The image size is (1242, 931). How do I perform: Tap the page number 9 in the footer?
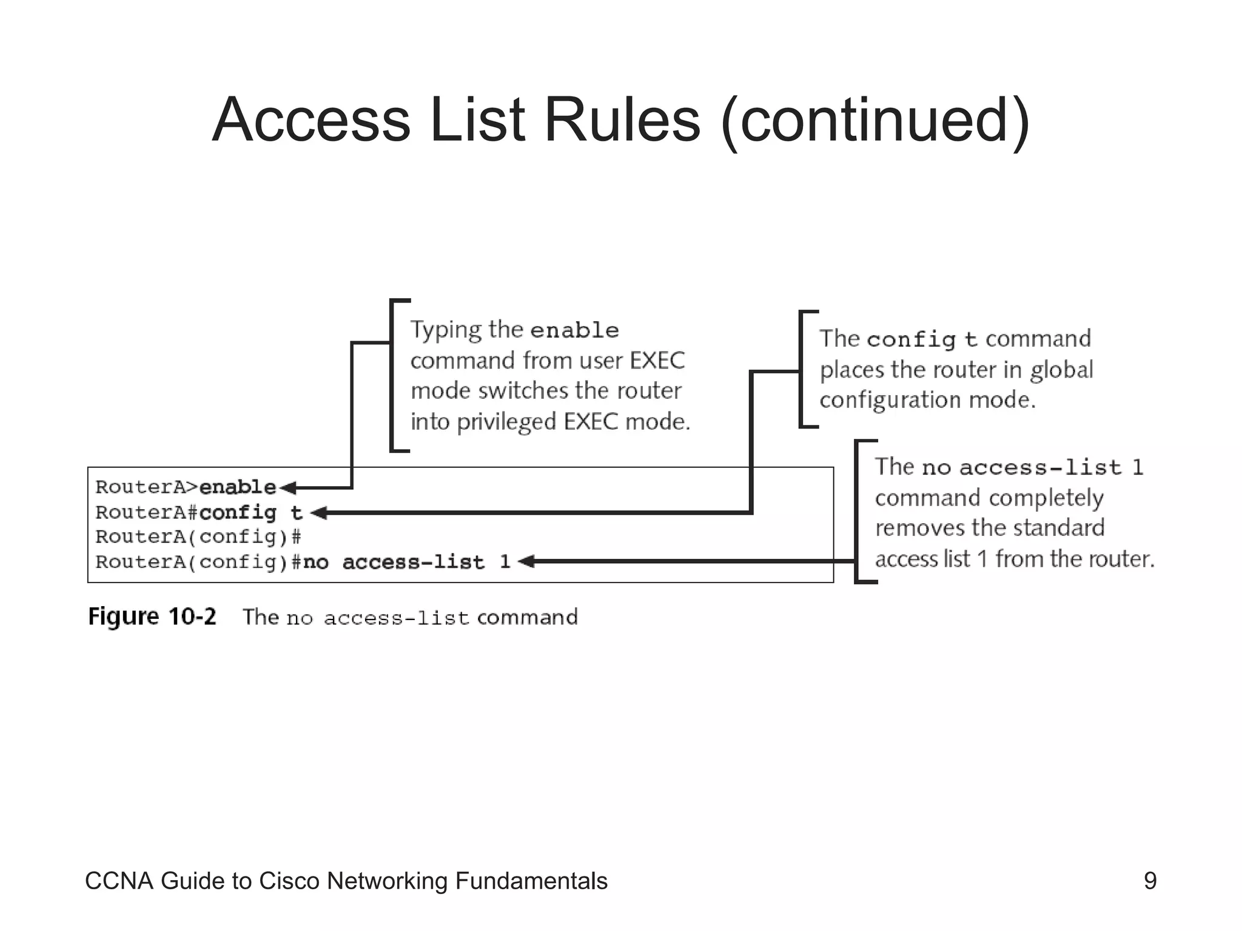tap(1150, 881)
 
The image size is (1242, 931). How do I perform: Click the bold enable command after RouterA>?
tap(238, 487)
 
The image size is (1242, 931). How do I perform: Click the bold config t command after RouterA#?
tap(250, 513)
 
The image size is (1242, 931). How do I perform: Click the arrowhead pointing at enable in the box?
tap(288, 487)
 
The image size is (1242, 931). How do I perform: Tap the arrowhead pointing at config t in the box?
tap(319, 513)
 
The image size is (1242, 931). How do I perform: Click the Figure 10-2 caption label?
tap(152, 617)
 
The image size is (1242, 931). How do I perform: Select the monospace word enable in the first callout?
tap(574, 330)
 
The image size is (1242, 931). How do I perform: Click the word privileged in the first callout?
tap(508, 422)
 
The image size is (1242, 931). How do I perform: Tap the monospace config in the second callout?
tap(911, 339)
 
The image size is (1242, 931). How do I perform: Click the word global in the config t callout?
tap(1061, 370)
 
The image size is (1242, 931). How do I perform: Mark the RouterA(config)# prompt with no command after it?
tap(198, 537)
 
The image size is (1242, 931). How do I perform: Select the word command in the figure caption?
tap(527, 618)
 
